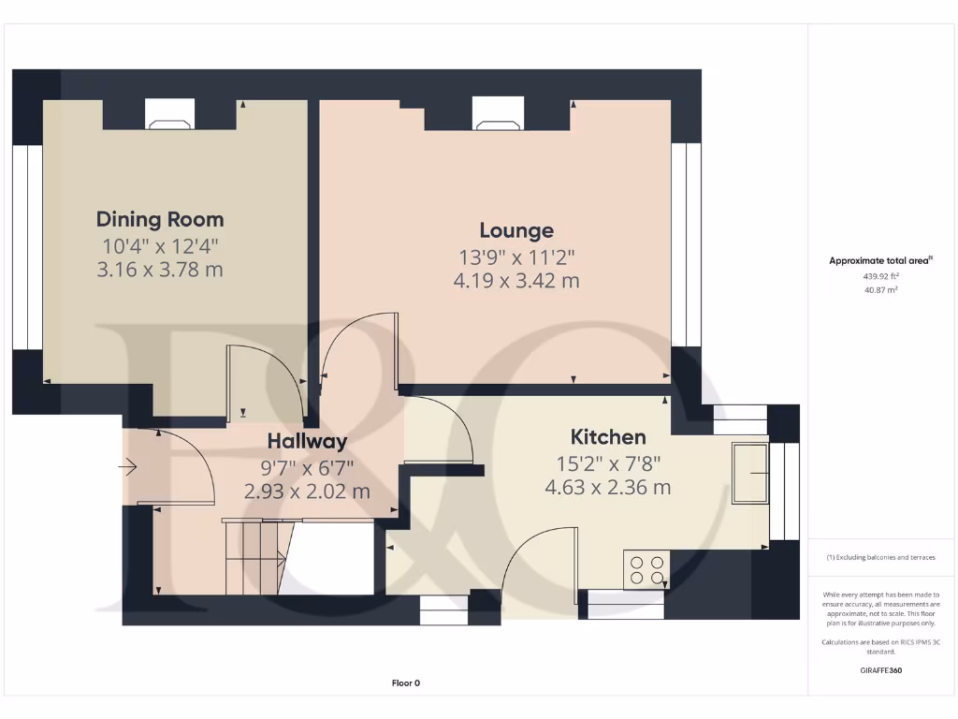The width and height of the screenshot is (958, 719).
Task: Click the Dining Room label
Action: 160,219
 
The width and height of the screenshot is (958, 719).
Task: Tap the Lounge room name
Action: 516,230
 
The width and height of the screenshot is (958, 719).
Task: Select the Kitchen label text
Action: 608,437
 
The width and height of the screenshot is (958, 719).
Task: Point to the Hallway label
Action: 307,441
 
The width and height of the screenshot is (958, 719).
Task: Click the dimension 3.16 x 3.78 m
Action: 160,271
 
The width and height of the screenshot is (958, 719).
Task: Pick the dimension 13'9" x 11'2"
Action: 516,256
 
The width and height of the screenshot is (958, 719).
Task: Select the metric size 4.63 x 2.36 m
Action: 608,487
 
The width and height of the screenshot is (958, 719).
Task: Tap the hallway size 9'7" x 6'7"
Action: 307,466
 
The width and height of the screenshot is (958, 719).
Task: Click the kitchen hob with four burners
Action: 646,569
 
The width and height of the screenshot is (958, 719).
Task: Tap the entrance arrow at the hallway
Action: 129,466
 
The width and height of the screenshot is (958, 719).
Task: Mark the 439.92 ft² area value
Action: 881,277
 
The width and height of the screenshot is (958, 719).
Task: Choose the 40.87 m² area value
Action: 881,290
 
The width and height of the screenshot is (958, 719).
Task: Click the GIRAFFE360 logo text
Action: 881,670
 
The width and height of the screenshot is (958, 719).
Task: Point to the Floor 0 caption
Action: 405,683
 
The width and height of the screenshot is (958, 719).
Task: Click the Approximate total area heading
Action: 880,261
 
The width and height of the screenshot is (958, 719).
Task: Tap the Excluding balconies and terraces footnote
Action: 881,557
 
